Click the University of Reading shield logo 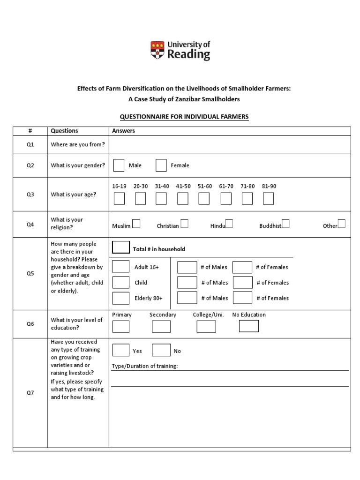pyautogui.click(x=157, y=50)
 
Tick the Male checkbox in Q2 pyautogui.click(x=119, y=165)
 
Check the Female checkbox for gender pyautogui.click(x=161, y=165)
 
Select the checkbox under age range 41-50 pyautogui.click(x=183, y=199)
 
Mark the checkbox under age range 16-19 pyautogui.click(x=119, y=199)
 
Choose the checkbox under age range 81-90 pyautogui.click(x=268, y=199)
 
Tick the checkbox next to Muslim pyautogui.click(x=136, y=224)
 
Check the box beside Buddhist pyautogui.click(x=285, y=224)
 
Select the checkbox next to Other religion pyautogui.click(x=342, y=224)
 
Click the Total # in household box pyautogui.click(x=121, y=247)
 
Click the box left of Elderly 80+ pyautogui.click(x=121, y=298)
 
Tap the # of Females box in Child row pyautogui.click(x=242, y=283)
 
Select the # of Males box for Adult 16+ pyautogui.click(x=187, y=267)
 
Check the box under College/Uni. pyautogui.click(x=206, y=326)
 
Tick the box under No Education pyautogui.click(x=248, y=326)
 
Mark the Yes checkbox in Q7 pyautogui.click(x=121, y=350)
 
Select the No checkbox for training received pyautogui.click(x=161, y=350)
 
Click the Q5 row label pyautogui.click(x=30, y=274)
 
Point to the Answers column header pyautogui.click(x=123, y=131)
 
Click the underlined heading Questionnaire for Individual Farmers pyautogui.click(x=184, y=117)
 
